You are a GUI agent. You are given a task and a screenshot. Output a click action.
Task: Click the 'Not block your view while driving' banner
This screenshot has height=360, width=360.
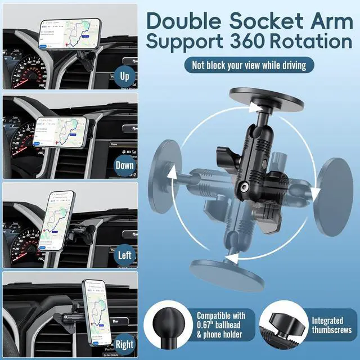(x=248, y=65)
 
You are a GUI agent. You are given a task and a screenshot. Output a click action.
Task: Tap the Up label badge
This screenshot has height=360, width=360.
(x=125, y=75)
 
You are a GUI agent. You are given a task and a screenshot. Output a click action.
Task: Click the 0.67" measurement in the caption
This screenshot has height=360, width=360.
(x=208, y=325)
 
